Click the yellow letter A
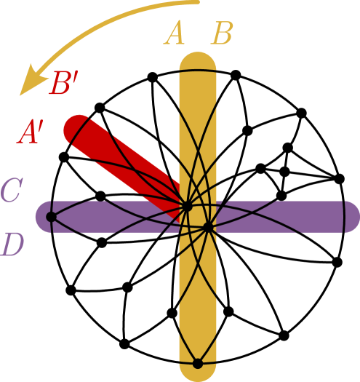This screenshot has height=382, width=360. [x=174, y=34]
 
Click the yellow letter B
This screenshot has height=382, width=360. [x=221, y=34]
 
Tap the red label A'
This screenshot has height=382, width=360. [x=31, y=133]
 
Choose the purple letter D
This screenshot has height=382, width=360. [x=12, y=245]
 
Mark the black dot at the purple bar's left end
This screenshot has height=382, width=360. [x=51, y=217]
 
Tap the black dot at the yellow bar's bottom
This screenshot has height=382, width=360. [x=197, y=363]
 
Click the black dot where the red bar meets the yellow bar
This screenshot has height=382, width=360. [x=187, y=207]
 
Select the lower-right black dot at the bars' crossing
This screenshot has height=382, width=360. [x=207, y=227]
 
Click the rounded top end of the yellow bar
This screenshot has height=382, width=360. [x=198, y=58]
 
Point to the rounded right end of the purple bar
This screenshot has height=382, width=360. [x=352, y=217]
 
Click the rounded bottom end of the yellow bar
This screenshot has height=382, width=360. [x=198, y=375]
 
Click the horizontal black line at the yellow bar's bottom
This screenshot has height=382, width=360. [x=198, y=356]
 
